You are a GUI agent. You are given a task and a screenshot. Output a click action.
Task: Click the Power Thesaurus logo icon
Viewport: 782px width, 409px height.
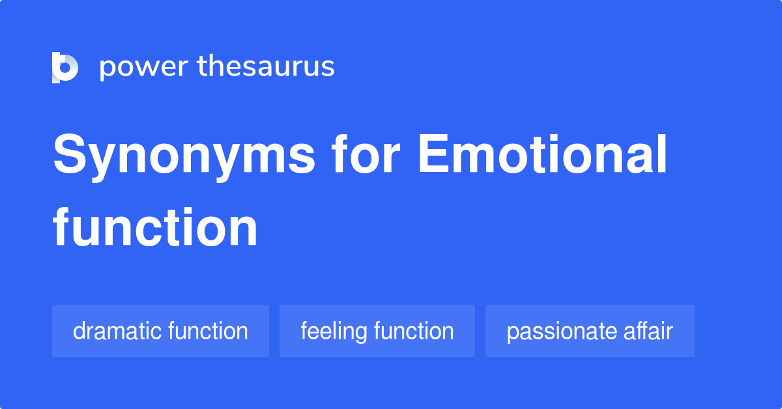[65, 67]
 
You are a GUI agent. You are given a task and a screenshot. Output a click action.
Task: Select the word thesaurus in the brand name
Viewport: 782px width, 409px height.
[266, 67]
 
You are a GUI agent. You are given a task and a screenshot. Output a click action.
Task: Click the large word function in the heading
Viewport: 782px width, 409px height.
[155, 227]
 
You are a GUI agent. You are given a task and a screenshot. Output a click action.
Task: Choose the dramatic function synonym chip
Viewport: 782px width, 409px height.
[160, 331]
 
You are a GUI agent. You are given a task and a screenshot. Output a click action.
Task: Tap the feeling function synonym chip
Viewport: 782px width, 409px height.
[377, 331]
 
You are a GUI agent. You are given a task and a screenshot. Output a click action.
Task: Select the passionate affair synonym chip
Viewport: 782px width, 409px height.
[590, 331]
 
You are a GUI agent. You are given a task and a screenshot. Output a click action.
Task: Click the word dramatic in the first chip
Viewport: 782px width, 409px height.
[117, 331]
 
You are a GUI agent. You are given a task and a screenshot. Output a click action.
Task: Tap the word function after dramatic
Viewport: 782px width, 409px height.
[208, 331]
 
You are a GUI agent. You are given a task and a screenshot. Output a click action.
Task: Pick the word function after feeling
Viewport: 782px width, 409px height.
[414, 331]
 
